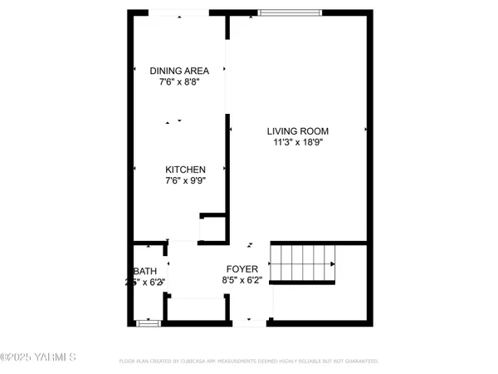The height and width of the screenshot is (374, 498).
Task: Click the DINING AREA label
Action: click(178, 71)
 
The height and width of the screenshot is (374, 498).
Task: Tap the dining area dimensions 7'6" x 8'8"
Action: click(178, 82)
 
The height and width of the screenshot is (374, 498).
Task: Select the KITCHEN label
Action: click(185, 170)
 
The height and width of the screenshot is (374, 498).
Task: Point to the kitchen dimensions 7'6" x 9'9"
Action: click(185, 181)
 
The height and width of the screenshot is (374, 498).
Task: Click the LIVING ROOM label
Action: click(298, 131)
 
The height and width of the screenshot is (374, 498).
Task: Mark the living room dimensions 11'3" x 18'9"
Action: click(298, 143)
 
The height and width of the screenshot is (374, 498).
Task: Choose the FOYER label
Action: click(243, 269)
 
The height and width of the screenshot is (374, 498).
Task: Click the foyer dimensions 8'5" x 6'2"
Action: click(243, 281)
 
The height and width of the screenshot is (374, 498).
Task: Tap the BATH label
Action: click(146, 271)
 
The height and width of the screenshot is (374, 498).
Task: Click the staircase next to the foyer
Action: click(302, 263)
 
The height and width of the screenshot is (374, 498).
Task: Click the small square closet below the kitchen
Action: click(212, 227)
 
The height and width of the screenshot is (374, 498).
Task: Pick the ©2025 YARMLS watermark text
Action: click(38, 358)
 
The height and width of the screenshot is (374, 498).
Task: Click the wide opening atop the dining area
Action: click(178, 12)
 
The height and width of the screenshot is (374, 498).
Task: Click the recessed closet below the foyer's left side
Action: click(196, 308)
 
